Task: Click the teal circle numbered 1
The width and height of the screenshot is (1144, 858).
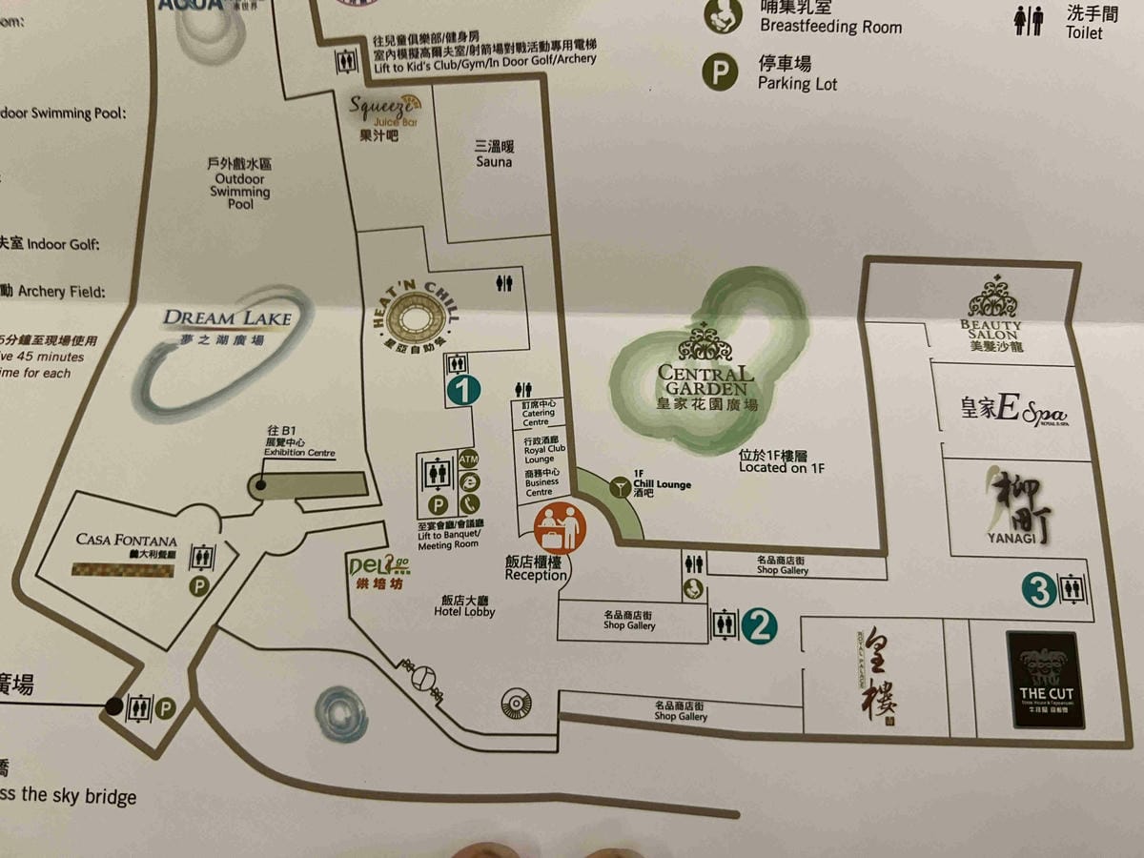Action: pyautogui.click(x=462, y=390)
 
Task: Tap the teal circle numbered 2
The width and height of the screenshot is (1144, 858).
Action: pyautogui.click(x=759, y=626)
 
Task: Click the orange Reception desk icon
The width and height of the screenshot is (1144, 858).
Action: pyautogui.click(x=561, y=528)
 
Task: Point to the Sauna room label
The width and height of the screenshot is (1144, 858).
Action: pyautogui.click(x=494, y=154)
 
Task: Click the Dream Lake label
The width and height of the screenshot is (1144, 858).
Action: pyautogui.click(x=226, y=323)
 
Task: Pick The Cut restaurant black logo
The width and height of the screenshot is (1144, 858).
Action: pyautogui.click(x=1046, y=679)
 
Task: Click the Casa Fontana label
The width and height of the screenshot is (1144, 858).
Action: pyautogui.click(x=127, y=544)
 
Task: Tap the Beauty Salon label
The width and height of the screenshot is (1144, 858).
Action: pyautogui.click(x=991, y=329)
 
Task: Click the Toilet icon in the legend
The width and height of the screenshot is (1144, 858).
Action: pyautogui.click(x=1029, y=20)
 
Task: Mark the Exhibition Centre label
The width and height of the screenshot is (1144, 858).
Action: pyautogui.click(x=299, y=447)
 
